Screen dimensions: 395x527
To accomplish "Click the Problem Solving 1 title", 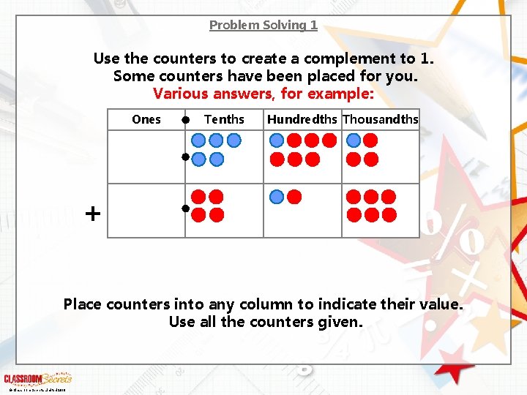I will click(x=263, y=25).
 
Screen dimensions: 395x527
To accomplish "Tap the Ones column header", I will click(x=146, y=119).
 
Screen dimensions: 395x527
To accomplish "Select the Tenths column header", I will click(x=224, y=119).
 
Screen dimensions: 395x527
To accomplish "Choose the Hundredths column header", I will click(x=302, y=119).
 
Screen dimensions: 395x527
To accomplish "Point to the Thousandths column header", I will click(x=381, y=119).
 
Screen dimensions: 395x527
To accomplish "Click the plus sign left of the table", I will click(x=93, y=214).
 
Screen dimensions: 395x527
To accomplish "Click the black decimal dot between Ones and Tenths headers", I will click(x=187, y=119).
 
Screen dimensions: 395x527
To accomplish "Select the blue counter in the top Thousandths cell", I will click(x=354, y=140).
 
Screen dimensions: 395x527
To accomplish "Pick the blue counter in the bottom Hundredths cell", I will click(x=277, y=197).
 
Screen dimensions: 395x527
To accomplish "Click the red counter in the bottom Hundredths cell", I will click(x=294, y=197).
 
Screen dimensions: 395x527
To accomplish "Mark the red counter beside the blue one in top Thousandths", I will click(x=371, y=140).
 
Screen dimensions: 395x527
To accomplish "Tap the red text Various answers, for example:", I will click(x=263, y=94).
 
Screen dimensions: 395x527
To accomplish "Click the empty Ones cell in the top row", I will click(x=146, y=157).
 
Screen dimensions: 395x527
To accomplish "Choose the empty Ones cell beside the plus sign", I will click(x=146, y=211).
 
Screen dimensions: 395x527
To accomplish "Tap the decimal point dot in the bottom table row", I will click(x=186, y=209).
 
